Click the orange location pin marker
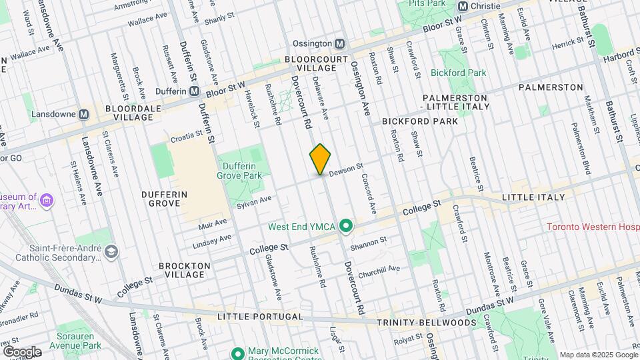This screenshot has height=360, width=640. pos(320,159)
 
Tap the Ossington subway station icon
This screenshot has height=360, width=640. pos(339,43)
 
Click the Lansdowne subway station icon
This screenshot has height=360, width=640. pos(83,115)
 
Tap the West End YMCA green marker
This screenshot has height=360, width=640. pos(345,227)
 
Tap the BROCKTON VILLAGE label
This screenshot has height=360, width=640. pos(185,270)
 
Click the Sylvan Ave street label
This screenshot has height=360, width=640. pos(256,200)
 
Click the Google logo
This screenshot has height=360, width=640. pos(21,351)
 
